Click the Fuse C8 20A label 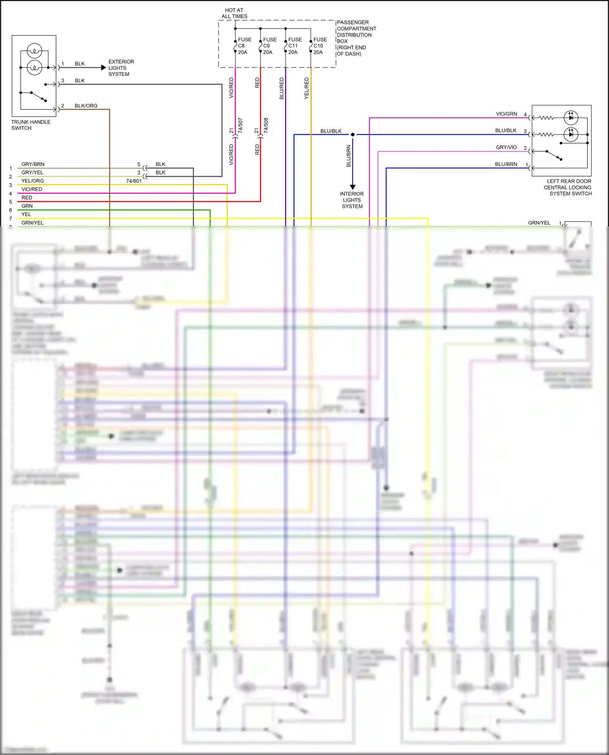(244, 46)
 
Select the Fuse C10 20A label (320, 46)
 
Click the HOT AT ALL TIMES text (234, 13)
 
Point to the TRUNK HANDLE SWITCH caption (30, 125)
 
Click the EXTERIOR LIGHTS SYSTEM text (121, 68)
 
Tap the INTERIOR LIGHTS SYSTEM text (352, 200)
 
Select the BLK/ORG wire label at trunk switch (86, 106)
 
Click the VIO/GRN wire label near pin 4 (506, 114)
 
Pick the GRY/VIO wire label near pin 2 (506, 147)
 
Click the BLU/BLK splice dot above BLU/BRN (352, 134)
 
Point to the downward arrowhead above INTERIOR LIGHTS (352, 187)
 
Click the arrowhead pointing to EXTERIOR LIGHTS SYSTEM (104, 68)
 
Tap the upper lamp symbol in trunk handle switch (35, 51)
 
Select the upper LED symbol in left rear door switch (571, 118)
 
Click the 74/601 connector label (134, 181)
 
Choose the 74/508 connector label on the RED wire (266, 125)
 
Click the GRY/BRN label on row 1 (33, 164)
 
